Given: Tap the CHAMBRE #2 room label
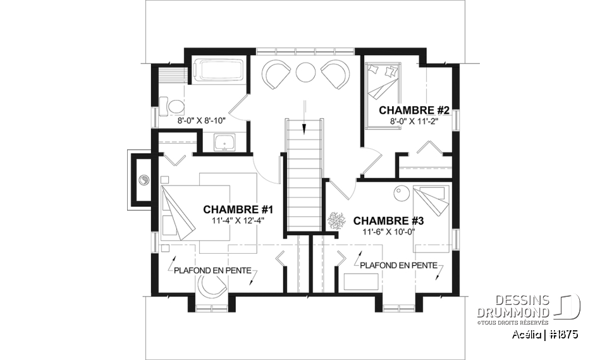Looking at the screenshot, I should pyautogui.click(x=414, y=111).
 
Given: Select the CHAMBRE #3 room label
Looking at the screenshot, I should pyautogui.click(x=388, y=221).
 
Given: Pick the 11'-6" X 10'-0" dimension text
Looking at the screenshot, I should pyautogui.click(x=388, y=232).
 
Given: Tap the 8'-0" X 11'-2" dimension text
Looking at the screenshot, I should pyautogui.click(x=414, y=121).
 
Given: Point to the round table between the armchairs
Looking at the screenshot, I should pyautogui.click(x=306, y=71).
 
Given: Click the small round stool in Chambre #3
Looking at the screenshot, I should pyautogui.click(x=400, y=192).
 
